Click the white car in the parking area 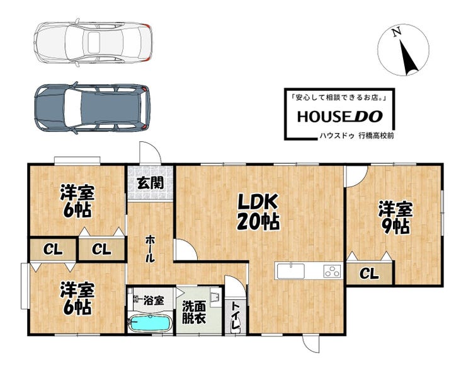coord(93,42)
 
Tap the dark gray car coord(92,108)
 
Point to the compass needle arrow coord(408,58)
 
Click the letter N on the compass coord(396,32)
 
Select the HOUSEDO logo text coord(340,117)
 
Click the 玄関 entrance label coord(151,183)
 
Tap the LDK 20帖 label coord(258,212)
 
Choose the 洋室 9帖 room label coord(395,217)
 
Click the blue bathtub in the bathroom coord(151,323)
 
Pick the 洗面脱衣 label coord(194,312)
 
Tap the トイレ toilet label coord(236,316)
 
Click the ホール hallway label coord(150,248)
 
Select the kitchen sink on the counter coord(291,271)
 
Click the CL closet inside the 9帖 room coord(369,274)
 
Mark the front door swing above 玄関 coord(150,153)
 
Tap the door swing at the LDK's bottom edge coord(311,344)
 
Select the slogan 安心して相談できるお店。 coord(339,98)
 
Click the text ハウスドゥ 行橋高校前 coord(356,136)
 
